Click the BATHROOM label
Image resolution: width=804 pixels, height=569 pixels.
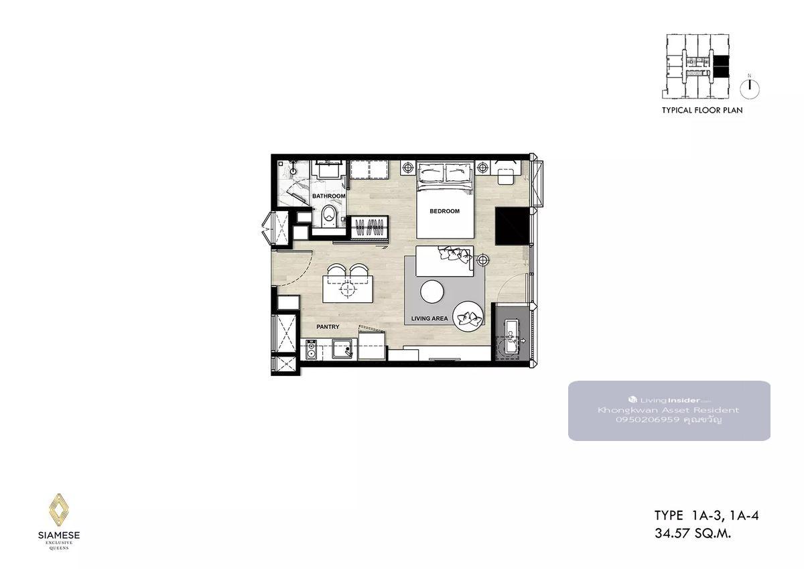click(328, 196)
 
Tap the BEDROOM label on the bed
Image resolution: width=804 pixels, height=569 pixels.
click(444, 211)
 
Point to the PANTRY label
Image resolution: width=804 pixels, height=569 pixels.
click(328, 326)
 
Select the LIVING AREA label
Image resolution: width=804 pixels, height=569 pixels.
click(429, 318)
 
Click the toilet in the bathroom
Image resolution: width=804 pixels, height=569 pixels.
click(330, 216)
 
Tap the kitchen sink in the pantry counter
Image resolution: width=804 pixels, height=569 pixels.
click(342, 349)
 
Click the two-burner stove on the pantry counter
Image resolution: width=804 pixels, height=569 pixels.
click(311, 350)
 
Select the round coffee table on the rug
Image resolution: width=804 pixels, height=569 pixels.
click(432, 292)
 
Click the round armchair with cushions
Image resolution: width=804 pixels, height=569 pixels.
click(468, 316)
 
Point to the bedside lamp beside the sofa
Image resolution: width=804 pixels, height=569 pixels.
click(483, 259)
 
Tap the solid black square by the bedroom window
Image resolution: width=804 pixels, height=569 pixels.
click(512, 226)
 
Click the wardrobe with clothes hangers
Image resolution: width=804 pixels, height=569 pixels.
click(370, 228)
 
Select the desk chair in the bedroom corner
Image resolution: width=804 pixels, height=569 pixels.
click(505, 177)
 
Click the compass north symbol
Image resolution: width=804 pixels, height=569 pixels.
click(750, 88)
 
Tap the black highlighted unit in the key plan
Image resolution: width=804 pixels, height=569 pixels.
click(720, 67)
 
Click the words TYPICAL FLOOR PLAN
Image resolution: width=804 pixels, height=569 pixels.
click(702, 110)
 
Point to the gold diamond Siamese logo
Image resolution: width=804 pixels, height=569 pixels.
click(59, 509)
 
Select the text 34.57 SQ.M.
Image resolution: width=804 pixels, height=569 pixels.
click(693, 533)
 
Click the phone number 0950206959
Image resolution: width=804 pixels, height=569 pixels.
click(648, 420)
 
